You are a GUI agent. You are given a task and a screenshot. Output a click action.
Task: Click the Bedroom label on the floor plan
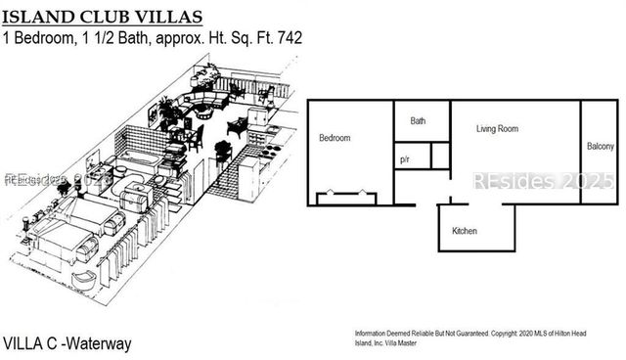pyautogui.click(x=335, y=139)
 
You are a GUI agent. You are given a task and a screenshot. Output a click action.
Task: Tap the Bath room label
pyautogui.click(x=418, y=121)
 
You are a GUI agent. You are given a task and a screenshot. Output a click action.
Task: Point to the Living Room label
pyautogui.click(x=497, y=129)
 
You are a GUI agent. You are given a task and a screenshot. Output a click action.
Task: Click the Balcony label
pyautogui.click(x=601, y=148)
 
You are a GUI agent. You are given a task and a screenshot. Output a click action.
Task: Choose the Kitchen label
pyautogui.click(x=464, y=232)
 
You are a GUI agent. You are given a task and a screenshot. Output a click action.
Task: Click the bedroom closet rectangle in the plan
pyautogui.click(x=345, y=199)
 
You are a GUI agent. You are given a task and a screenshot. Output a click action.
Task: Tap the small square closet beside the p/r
pyautogui.click(x=439, y=156)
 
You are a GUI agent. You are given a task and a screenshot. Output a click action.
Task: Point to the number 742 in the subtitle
pyautogui.click(x=289, y=38)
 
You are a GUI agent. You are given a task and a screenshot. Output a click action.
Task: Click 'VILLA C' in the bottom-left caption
pyautogui.click(x=29, y=343)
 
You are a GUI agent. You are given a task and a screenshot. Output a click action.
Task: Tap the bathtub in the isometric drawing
pyautogui.click(x=142, y=158)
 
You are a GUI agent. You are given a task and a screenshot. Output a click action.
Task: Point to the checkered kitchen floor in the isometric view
pyautogui.click(x=225, y=176)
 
